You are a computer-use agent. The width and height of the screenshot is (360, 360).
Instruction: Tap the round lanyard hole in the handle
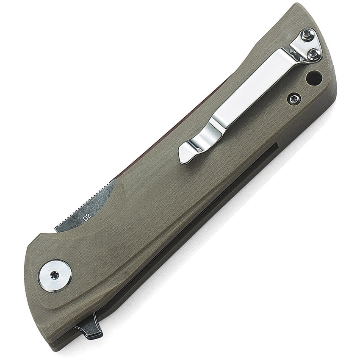pos(326,78)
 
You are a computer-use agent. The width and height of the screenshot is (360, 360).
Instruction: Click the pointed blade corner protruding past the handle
pos(58,229)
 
